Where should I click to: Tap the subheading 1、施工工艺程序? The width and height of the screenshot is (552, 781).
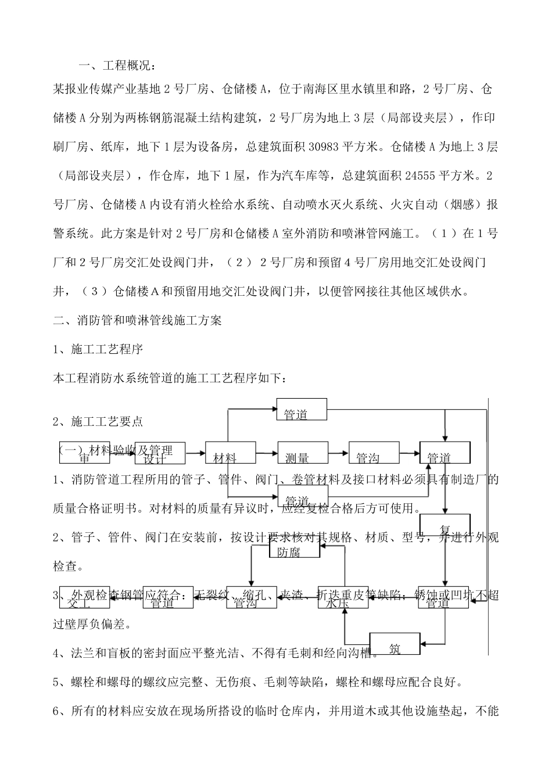(x=98, y=349)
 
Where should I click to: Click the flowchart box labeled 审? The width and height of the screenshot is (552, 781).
(x=84, y=453)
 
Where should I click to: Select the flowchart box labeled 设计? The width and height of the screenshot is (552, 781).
(x=160, y=453)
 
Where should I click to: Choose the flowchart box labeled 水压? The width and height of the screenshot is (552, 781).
(x=343, y=597)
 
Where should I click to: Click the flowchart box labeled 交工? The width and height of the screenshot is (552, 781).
(x=84, y=597)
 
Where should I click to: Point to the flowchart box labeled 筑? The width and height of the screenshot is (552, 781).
(x=395, y=643)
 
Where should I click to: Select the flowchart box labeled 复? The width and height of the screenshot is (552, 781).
(x=445, y=525)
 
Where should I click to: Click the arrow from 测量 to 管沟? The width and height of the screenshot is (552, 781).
(x=338, y=453)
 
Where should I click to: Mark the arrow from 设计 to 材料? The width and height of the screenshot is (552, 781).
(x=195, y=453)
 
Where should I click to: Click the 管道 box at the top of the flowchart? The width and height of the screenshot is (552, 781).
(x=302, y=409)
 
